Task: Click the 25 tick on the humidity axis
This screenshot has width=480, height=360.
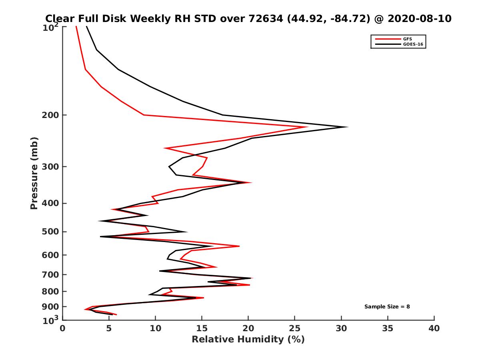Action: pyautogui.click(x=295, y=329)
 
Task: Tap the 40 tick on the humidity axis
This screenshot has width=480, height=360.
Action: pyautogui.click(x=434, y=329)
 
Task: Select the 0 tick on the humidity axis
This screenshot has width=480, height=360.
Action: pyautogui.click(x=63, y=329)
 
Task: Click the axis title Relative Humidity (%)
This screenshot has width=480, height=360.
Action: pyautogui.click(x=248, y=340)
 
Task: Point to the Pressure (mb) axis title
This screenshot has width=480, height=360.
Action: pyautogui.click(x=34, y=173)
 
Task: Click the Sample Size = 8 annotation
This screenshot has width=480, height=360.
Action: pyautogui.click(x=387, y=307)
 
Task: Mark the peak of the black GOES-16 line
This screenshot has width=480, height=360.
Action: pyautogui.click(x=348, y=127)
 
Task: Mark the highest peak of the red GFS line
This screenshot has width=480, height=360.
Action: pyautogui.click(x=307, y=127)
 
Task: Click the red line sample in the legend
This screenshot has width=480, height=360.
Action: pyautogui.click(x=386, y=39)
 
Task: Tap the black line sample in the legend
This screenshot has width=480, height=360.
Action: pyautogui.click(x=386, y=44)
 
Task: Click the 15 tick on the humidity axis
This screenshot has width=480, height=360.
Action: pyautogui.click(x=202, y=329)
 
